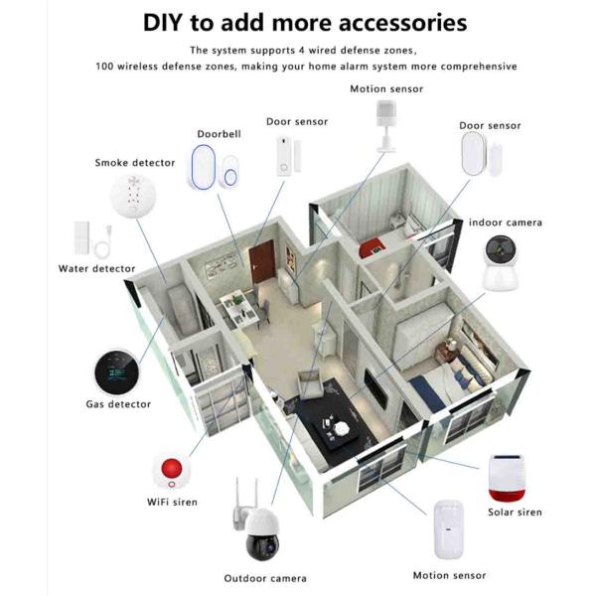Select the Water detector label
coord(96,268)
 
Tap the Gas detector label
coord(117,404)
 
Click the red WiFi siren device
coord(171,470)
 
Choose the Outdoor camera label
coord(265,578)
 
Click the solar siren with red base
coord(514,479)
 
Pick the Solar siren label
coord(515,513)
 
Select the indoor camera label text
coord(506,223)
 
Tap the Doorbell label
coord(219,132)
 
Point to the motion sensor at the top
coord(384,122)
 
